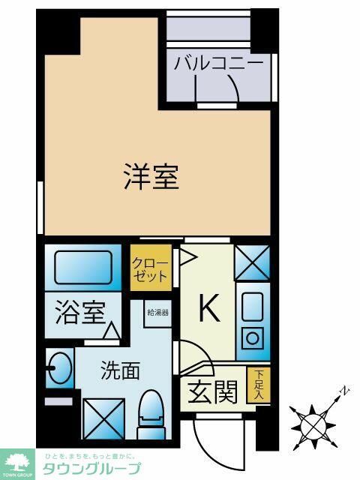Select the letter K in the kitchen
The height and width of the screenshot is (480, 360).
click(x=208, y=308)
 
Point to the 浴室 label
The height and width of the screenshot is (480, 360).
click(x=78, y=312)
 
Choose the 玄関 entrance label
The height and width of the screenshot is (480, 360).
click(x=215, y=391)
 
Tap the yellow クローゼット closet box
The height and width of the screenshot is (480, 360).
click(x=150, y=268)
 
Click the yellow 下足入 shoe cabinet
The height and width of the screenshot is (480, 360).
click(x=259, y=385)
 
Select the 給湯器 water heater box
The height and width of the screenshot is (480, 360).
click(x=157, y=312)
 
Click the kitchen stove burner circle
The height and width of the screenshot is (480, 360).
click(x=253, y=337)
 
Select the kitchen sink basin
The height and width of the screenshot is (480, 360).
click(x=252, y=307)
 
